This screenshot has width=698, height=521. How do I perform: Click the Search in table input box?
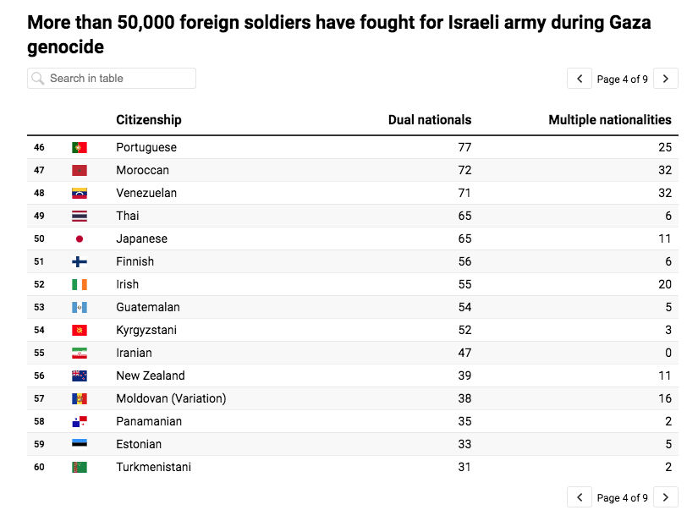pos(112,79)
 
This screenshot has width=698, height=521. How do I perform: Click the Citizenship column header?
pos(149,120)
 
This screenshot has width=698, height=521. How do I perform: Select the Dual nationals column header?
pos(429,120)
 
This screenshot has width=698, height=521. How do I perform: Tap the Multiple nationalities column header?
pos(609,120)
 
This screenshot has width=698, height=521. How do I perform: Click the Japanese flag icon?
pos(80,239)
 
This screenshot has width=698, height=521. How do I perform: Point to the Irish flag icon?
pos(80,285)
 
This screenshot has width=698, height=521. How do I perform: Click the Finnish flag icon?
pos(80,262)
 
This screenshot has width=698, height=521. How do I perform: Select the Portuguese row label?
pos(146,148)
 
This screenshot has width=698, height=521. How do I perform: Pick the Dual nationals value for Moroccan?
pos(464,171)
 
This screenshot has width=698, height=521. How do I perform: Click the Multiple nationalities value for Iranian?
pos(668,354)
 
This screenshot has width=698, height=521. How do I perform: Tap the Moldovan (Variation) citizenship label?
pos(171,399)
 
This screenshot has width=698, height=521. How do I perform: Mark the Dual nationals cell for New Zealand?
pos(464,376)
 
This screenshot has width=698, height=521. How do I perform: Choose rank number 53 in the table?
pos(39,308)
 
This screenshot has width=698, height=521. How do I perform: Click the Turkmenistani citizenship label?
pos(153,468)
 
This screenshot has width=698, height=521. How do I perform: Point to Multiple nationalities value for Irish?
pos(665,285)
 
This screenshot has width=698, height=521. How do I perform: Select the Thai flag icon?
pos(80,217)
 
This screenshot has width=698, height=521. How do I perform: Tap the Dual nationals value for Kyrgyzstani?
pos(464,331)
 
